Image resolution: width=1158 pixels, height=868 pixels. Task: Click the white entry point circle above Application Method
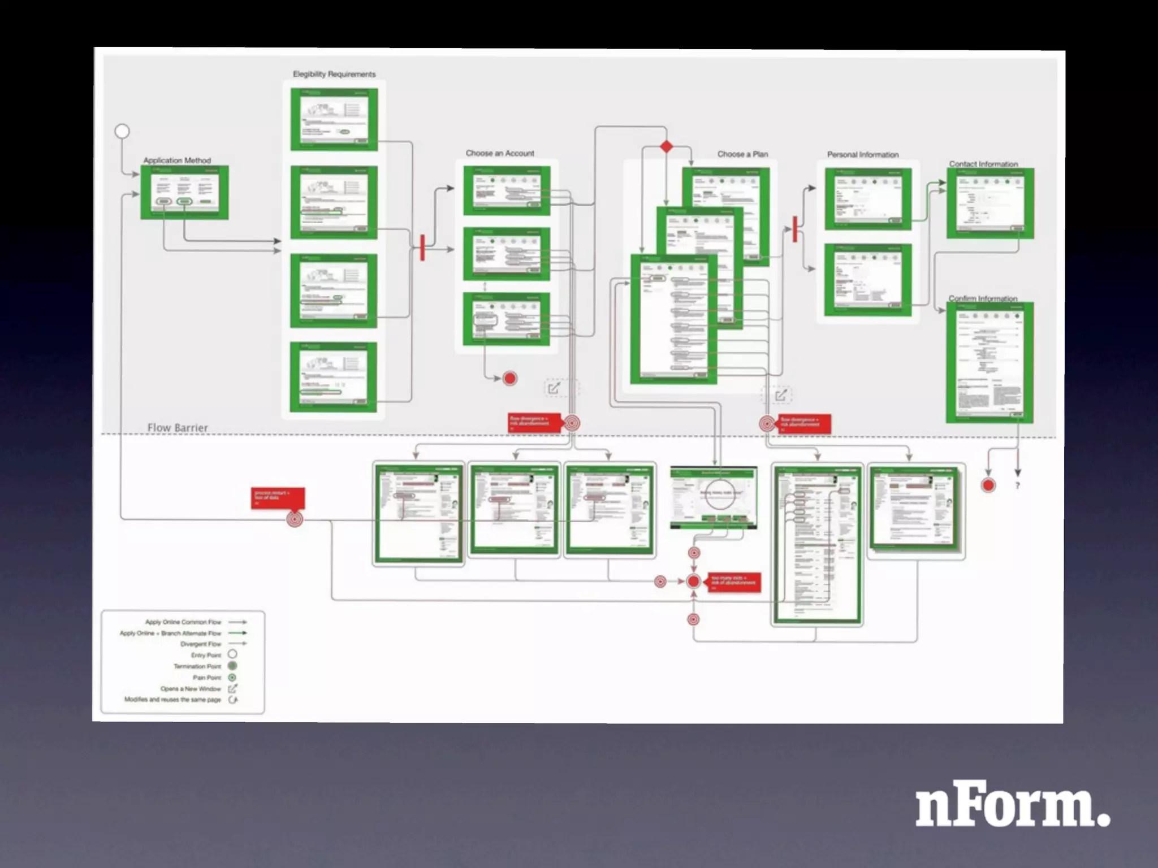point(122,131)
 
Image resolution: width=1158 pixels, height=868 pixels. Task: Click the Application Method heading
point(177,160)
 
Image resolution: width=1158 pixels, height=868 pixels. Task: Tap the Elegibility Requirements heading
point(334,74)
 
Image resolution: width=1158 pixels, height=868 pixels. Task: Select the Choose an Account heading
point(500,153)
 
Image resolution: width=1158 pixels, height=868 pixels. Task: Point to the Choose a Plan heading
point(742,154)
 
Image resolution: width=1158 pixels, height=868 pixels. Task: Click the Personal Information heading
point(863,154)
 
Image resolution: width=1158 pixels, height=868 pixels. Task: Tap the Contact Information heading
point(983,164)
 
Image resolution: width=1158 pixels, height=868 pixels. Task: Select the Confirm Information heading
point(983,298)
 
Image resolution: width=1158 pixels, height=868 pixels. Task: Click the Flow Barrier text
point(178,428)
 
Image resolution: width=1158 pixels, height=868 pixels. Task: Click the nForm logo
point(1012,804)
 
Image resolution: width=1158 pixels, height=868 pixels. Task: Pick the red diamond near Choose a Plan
point(667,147)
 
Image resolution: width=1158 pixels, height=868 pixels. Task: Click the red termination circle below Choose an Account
point(510,379)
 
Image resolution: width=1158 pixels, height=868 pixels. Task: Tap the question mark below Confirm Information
point(1018,485)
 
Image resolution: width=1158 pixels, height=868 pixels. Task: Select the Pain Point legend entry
point(207,678)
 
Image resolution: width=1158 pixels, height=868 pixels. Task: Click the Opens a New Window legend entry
point(191,689)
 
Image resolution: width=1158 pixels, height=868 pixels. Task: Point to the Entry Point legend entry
point(206,655)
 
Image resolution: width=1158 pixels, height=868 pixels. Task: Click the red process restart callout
point(278,498)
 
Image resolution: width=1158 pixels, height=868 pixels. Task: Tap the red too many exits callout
point(734,582)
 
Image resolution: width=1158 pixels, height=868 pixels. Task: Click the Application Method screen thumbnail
point(185,192)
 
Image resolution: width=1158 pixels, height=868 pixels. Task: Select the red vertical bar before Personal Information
point(794,229)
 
